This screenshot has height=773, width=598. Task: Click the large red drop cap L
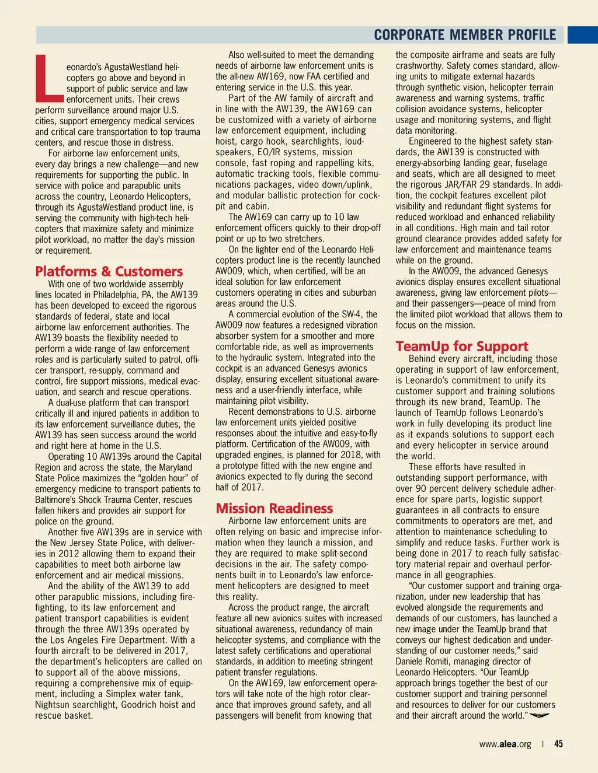[49, 78]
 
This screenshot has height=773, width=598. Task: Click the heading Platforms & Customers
[109, 271]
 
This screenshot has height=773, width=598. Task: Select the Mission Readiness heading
[274, 508]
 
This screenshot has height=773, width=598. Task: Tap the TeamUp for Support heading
[461, 346]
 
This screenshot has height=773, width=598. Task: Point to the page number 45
[558, 744]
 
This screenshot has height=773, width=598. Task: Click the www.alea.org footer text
[505, 744]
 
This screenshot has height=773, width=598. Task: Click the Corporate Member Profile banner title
[465, 35]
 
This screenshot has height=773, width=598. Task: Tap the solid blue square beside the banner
[582, 35]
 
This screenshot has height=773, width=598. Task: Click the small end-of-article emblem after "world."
[539, 716]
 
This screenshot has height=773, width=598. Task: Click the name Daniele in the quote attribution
[413, 662]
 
